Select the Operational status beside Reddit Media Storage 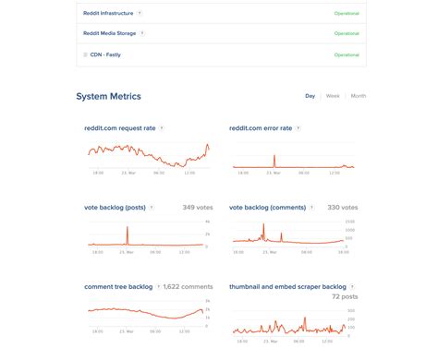[346, 34]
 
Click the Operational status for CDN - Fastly [346, 54]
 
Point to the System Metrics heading [108, 96]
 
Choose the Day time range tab [310, 96]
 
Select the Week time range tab [333, 96]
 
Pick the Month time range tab [358, 96]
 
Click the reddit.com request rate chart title [119, 128]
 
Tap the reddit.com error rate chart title [262, 128]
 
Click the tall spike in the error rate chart [274, 159]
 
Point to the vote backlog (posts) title [115, 208]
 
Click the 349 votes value [198, 209]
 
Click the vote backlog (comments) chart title [269, 208]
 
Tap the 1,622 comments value [189, 287]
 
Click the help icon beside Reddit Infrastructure [140, 14]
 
